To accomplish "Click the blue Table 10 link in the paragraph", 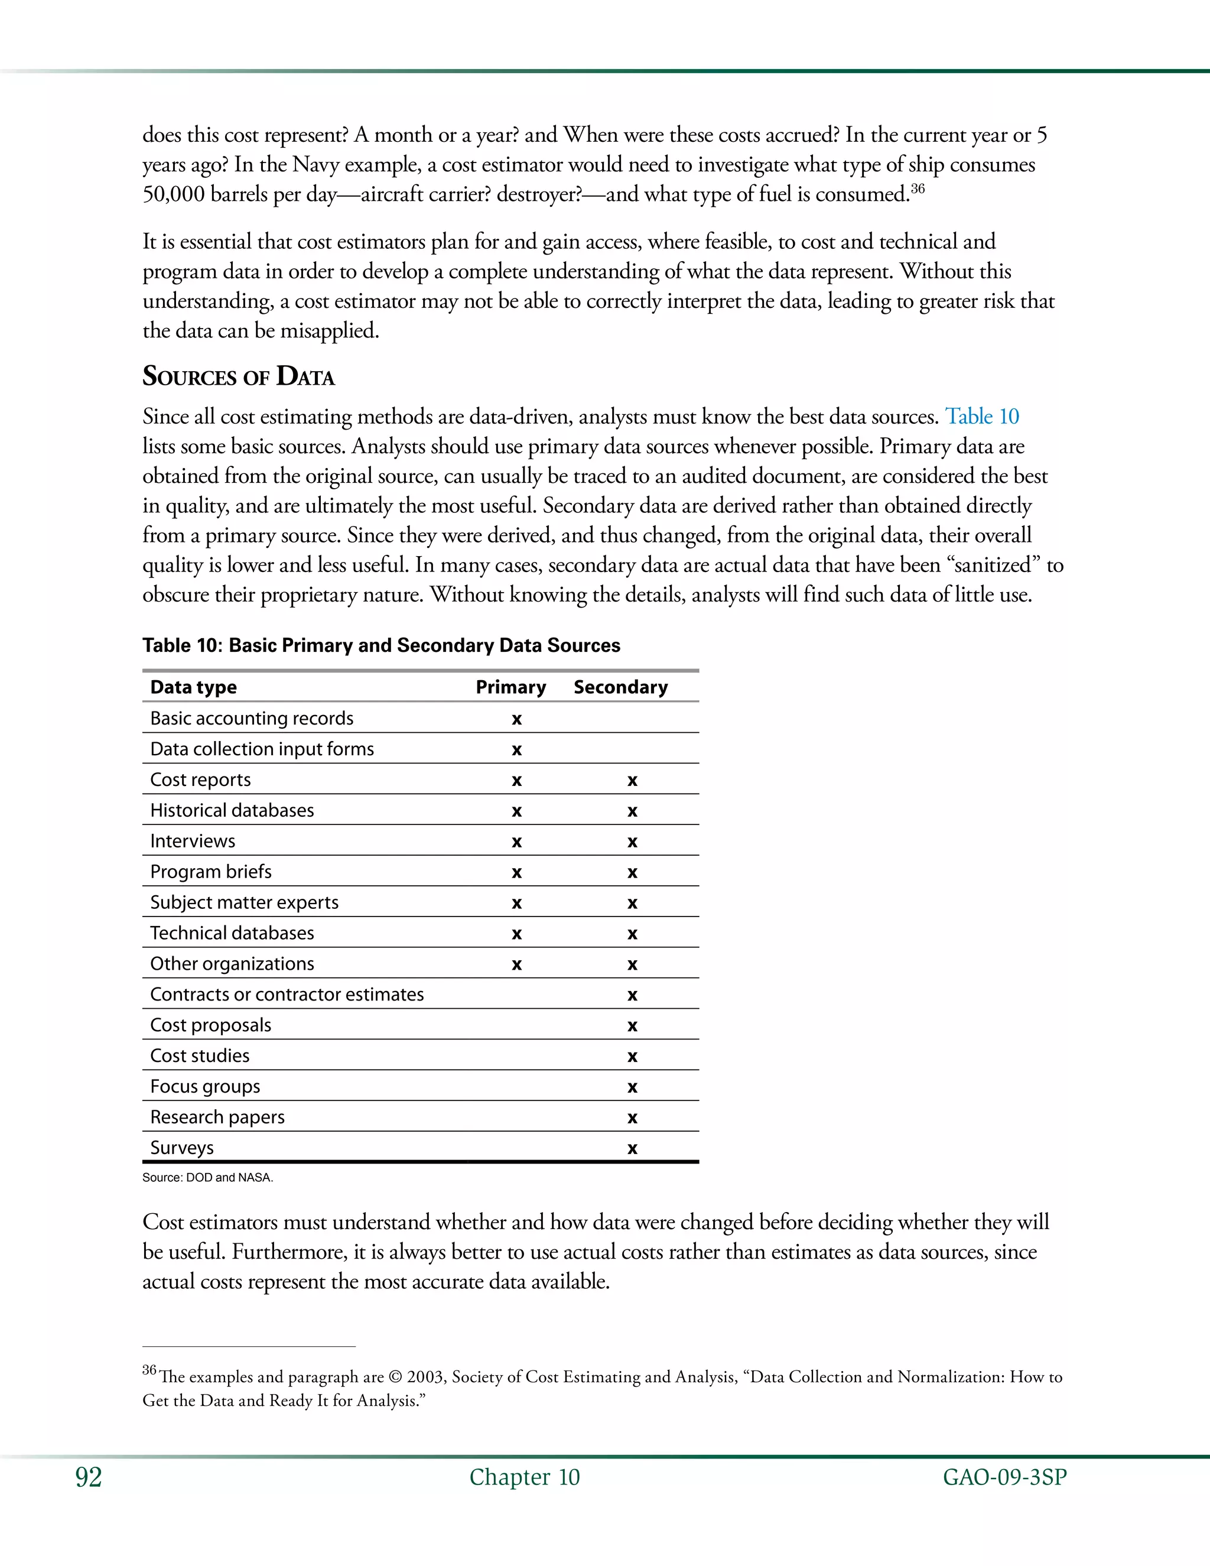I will pyautogui.click(x=981, y=417).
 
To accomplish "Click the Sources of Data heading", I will pyautogui.click(x=238, y=376).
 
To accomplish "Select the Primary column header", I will pyautogui.click(x=510, y=687).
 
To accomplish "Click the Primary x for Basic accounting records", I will pyautogui.click(x=516, y=719).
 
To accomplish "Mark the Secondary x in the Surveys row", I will pyautogui.click(x=632, y=1149).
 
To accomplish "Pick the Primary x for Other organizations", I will pyautogui.click(x=516, y=965).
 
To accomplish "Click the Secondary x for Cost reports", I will pyautogui.click(x=632, y=781).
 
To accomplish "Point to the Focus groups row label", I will pyautogui.click(x=205, y=1086).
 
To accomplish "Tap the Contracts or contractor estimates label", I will pyautogui.click(x=287, y=995).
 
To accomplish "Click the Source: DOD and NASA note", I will pyautogui.click(x=207, y=1177).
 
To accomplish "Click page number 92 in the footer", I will pyautogui.click(x=88, y=1477).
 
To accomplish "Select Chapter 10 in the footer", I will pyautogui.click(x=524, y=1477).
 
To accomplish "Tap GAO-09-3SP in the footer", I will pyautogui.click(x=1004, y=1477).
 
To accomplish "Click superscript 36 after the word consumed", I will pyautogui.click(x=918, y=189).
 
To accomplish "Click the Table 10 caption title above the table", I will pyautogui.click(x=380, y=645).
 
